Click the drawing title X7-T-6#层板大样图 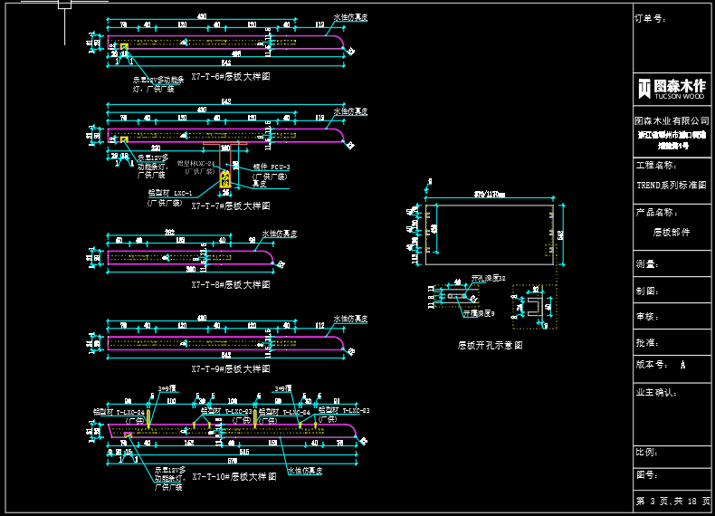pos(230,78)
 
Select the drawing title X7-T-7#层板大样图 pos(230,205)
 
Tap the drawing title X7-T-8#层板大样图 pos(230,284)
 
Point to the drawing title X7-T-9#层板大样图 pos(230,369)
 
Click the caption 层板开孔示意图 pos(490,345)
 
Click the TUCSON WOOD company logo pos(671,89)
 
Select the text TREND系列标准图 pos(671,185)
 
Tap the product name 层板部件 pos(671,232)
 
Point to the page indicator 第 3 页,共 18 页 pos(673,501)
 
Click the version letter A pos(682,365)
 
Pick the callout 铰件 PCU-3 pos(271,167)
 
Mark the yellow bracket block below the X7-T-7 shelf pos(225,178)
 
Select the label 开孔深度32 pos(488,278)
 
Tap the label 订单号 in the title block pos(651,17)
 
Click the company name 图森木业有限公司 pos(671,119)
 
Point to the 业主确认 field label pos(656,393)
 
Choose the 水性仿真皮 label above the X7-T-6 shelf pos(349,17)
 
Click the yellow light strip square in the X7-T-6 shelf pos(124,46)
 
